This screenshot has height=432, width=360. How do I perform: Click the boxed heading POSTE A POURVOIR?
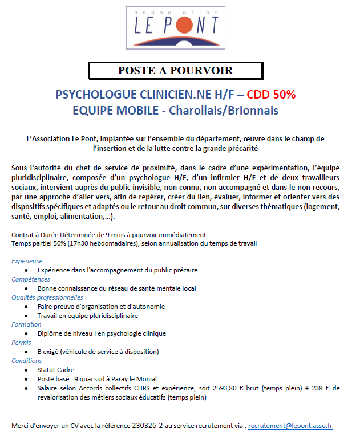click(x=175, y=71)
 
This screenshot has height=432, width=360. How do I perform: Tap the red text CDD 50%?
click(x=271, y=95)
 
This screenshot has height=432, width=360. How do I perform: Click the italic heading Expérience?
click(x=27, y=261)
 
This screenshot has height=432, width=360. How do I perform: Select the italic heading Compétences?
click(x=31, y=279)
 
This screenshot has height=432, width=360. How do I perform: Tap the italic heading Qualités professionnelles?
click(x=47, y=297)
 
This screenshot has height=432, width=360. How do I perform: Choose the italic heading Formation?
click(x=26, y=324)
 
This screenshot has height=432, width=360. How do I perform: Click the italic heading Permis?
click(x=22, y=343)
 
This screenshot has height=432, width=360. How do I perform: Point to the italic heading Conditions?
click(x=27, y=361)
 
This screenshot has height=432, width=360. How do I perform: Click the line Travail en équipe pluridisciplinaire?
click(x=88, y=315)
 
